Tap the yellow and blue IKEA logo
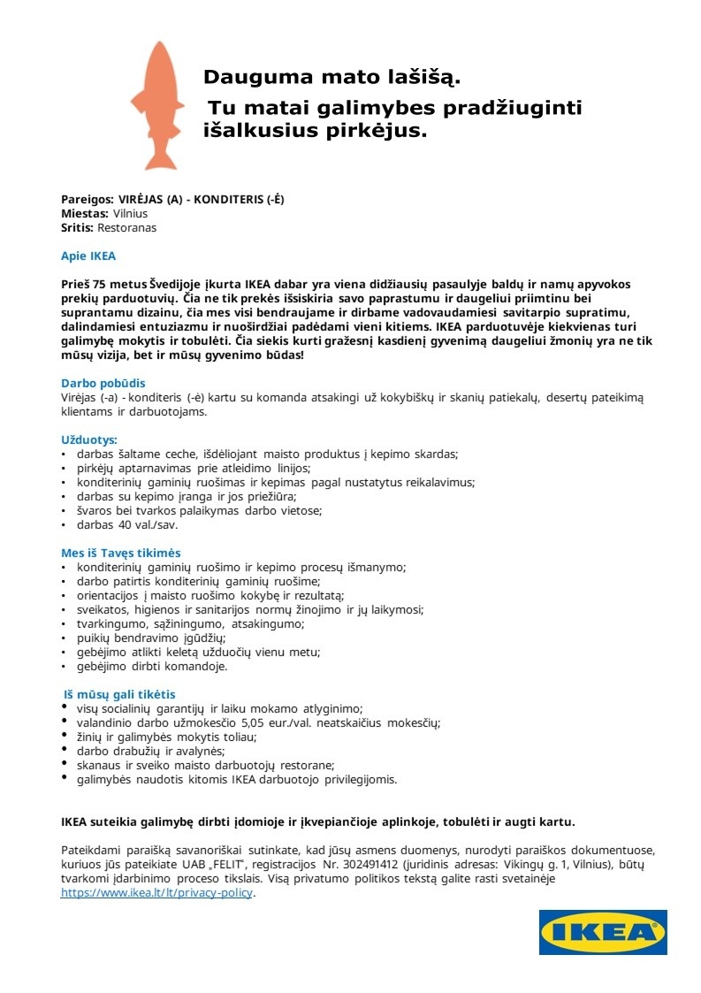coord(603,932)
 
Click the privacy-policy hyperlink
coord(156,893)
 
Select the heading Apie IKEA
coord(88,256)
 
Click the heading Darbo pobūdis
coord(103,384)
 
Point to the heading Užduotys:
coord(88,439)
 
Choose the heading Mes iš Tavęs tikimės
coord(120,553)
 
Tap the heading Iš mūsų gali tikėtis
coord(125,694)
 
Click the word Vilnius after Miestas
coord(130,213)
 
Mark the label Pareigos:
coord(88,199)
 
